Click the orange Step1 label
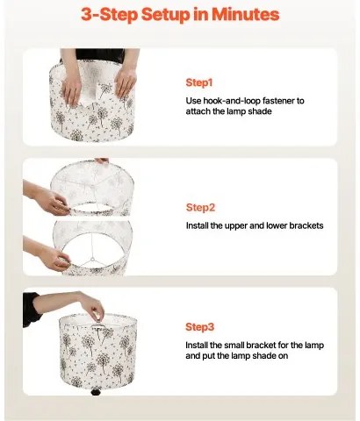click(x=199, y=82)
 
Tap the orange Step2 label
click(x=200, y=208)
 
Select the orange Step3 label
click(x=200, y=326)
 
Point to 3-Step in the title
click(x=110, y=15)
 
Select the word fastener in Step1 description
click(x=287, y=101)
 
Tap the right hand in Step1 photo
click(x=125, y=82)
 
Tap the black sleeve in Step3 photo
click(x=32, y=308)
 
